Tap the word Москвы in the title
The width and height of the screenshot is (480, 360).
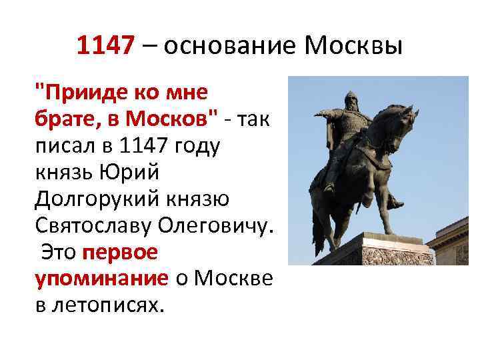353,46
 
